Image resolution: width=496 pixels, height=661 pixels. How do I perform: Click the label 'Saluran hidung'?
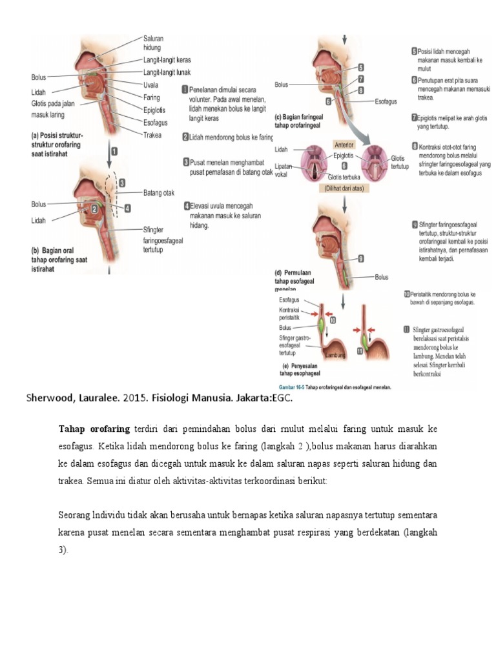[x=153, y=43]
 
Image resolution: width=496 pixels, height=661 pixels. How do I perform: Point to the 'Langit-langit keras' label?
[x=167, y=59]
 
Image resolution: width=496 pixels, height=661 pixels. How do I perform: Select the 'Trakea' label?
[x=152, y=135]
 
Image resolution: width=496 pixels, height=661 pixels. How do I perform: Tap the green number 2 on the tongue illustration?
[x=94, y=208]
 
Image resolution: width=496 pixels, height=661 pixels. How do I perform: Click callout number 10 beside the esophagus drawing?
[x=333, y=319]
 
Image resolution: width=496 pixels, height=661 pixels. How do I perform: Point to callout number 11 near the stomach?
[x=360, y=351]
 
